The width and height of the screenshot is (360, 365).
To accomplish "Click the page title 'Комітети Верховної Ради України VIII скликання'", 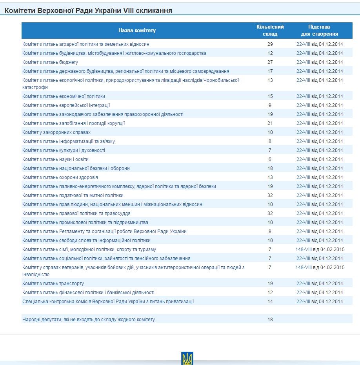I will [x=88, y=11].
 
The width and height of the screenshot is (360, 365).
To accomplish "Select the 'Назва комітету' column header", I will [x=137, y=31].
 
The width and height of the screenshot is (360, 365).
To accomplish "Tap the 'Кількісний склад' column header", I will [x=270, y=31].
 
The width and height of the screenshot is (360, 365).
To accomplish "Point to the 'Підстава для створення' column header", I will [x=319, y=31].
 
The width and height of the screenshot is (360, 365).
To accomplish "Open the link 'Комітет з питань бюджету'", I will [x=50, y=62].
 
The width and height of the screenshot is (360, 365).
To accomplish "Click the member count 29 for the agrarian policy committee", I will [x=270, y=44].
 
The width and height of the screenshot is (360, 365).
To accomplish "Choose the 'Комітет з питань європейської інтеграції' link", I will [x=66, y=105].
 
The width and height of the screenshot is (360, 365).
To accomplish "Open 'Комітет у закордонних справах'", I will [x=56, y=132].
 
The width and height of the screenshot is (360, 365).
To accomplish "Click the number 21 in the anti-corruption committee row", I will [x=270, y=123].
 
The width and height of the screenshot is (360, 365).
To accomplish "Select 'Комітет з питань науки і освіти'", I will [x=55, y=159].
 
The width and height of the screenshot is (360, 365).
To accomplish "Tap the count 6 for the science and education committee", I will [x=270, y=159].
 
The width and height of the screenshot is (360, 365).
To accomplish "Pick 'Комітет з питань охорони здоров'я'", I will [x=60, y=177].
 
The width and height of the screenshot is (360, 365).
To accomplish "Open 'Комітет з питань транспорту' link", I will [x=53, y=284].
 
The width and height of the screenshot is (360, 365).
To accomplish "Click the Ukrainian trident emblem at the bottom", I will [x=187, y=358].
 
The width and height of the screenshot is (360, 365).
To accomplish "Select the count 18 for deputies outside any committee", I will [x=270, y=320].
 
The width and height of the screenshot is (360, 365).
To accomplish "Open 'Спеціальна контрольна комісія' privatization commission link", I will [x=108, y=302].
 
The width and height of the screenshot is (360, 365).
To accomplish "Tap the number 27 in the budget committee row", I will [x=270, y=62].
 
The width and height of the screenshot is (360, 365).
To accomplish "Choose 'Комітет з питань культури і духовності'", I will [x=64, y=150].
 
